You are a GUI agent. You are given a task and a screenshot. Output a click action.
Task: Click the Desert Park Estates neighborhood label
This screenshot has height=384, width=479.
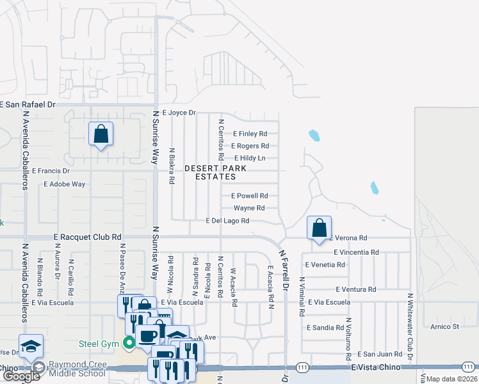[215, 172]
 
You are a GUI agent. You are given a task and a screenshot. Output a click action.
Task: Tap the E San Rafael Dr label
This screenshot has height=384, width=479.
[28, 104]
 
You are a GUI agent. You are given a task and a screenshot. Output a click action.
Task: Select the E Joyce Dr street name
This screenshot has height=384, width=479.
[178, 112]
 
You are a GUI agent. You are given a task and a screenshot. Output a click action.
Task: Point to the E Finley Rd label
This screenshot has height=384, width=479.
[250, 134]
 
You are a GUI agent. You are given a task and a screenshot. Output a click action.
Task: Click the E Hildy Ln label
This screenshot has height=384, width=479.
[250, 158]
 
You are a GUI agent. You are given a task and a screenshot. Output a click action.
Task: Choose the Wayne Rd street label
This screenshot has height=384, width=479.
[249, 208]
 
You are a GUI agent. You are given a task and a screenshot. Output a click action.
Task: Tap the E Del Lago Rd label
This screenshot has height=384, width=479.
[227, 221]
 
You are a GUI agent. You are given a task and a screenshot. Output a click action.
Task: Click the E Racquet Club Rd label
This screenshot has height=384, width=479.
[88, 237]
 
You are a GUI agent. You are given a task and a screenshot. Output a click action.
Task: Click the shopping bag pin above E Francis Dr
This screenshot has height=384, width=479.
[101, 134]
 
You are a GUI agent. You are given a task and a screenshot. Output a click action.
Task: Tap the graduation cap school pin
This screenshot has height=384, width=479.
[31, 346]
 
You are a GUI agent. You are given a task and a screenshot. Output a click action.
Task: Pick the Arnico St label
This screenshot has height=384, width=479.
[445, 326]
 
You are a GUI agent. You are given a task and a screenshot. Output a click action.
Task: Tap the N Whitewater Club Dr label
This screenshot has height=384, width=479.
[410, 326]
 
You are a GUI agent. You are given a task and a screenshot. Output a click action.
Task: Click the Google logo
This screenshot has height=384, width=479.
[21, 376]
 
